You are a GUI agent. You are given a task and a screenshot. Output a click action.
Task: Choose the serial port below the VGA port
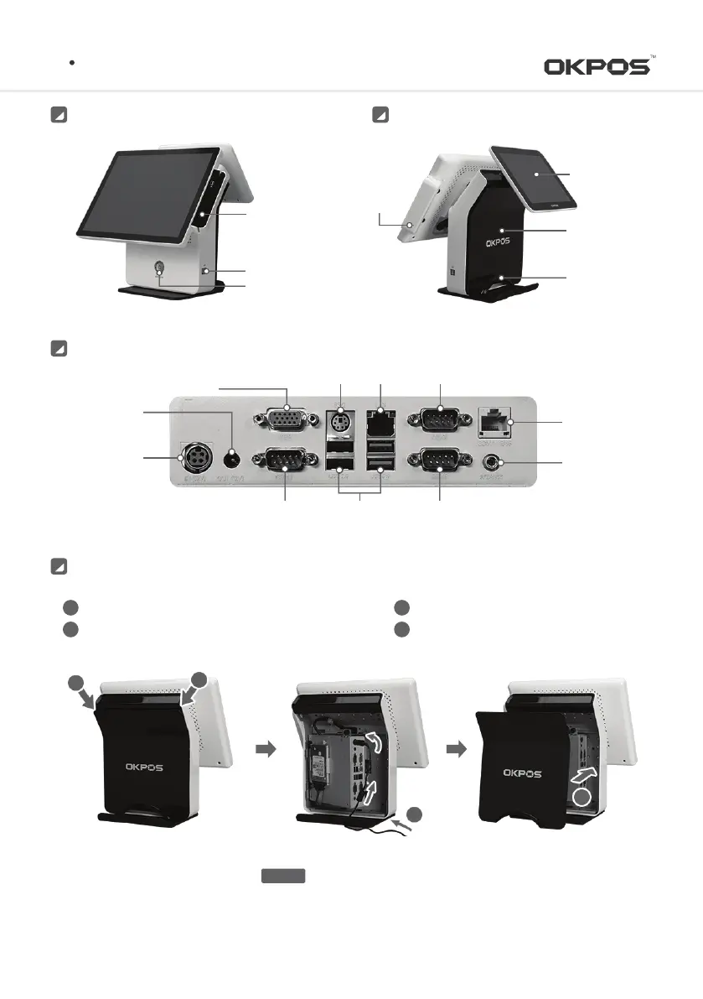tap(287, 461)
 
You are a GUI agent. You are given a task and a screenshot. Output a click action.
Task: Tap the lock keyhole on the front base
tap(158, 270)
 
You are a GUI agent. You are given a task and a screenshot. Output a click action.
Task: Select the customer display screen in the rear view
tap(532, 176)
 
